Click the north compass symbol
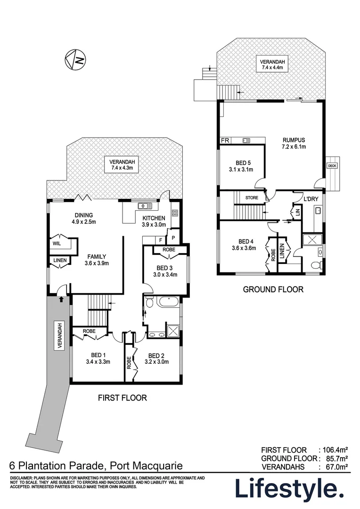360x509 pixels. (x=75, y=60)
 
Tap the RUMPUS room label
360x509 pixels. (x=294, y=140)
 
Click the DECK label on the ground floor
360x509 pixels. (x=332, y=165)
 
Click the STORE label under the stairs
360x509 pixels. (x=252, y=197)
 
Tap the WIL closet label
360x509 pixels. (x=57, y=244)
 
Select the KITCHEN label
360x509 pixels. (x=154, y=218)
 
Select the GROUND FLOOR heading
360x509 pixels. (x=273, y=289)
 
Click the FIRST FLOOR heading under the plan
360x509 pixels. (x=122, y=398)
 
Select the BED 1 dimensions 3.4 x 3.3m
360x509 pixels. (x=98, y=362)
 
